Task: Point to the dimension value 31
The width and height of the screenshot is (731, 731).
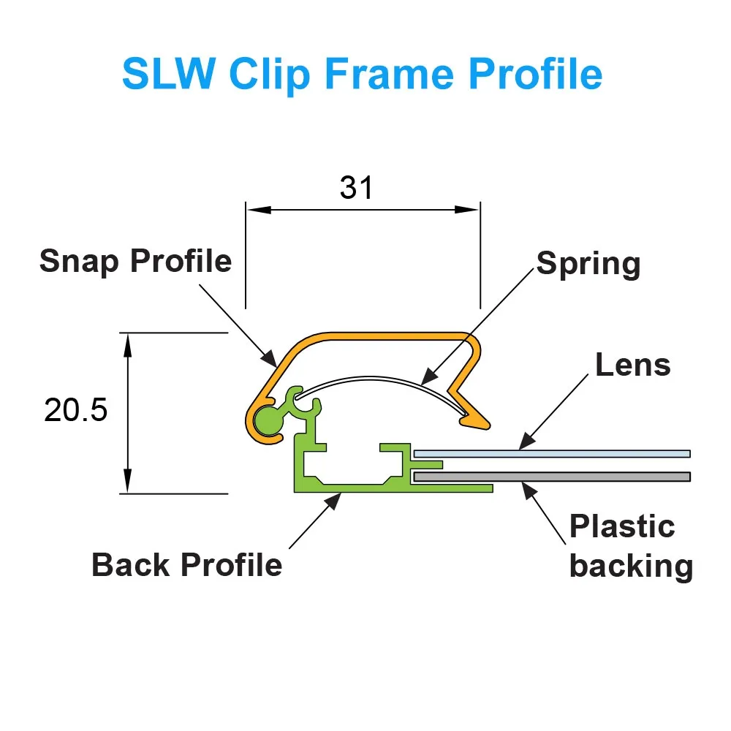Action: click(357, 188)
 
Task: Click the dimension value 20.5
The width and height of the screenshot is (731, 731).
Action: click(75, 411)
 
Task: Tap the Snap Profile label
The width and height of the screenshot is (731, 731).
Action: click(135, 261)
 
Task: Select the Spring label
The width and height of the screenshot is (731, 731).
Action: click(588, 264)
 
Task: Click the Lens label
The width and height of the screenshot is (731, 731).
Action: click(632, 365)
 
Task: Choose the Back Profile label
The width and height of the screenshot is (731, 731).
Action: click(187, 564)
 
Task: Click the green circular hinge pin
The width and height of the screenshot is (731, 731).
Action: click(267, 420)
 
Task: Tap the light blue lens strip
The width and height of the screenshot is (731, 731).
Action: click(552, 454)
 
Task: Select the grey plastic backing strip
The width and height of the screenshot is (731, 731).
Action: click(552, 477)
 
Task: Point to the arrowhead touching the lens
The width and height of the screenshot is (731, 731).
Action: click(523, 443)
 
